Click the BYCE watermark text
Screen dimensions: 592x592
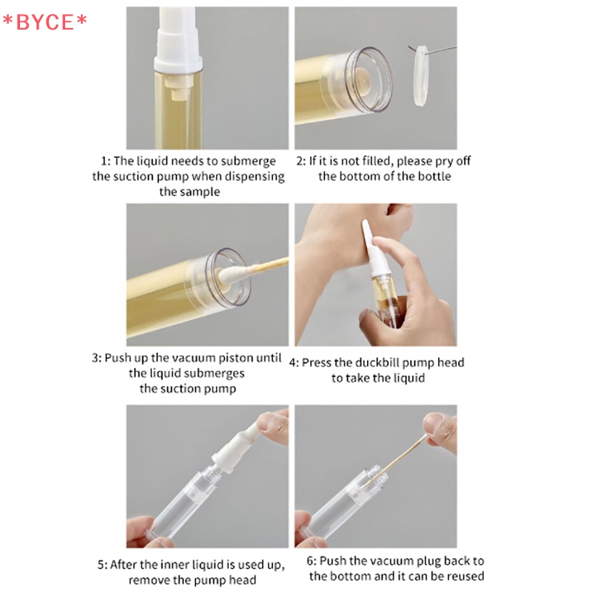click(44, 22)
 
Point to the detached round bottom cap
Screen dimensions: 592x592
click(420, 75)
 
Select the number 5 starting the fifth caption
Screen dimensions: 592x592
click(101, 565)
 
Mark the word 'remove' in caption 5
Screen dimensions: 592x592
click(149, 580)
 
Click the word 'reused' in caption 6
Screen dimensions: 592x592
click(465, 576)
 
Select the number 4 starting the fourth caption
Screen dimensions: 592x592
click(292, 363)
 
